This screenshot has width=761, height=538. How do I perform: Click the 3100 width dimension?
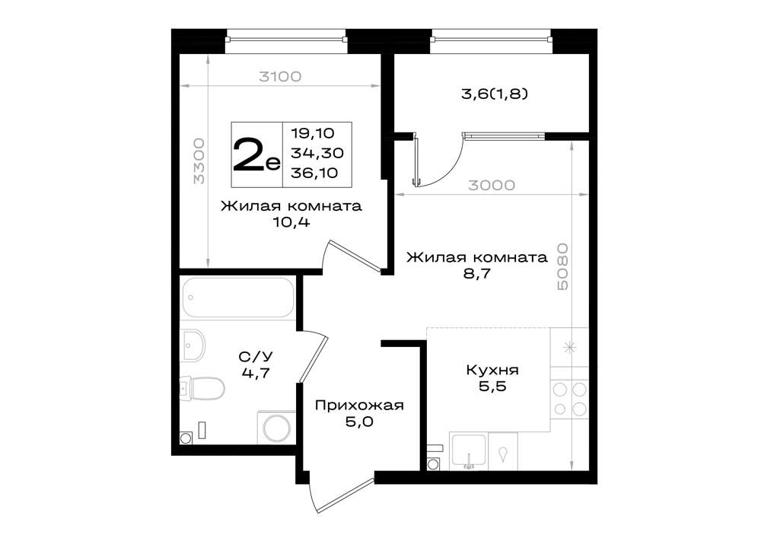click(x=280, y=76)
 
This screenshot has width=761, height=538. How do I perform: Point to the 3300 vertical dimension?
click(x=199, y=161)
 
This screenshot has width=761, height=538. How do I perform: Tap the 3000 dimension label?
click(x=492, y=185)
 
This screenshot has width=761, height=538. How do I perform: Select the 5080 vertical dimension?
click(x=562, y=267)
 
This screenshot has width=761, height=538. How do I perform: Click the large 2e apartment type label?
click(x=256, y=154)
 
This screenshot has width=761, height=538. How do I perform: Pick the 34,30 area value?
click(x=317, y=153)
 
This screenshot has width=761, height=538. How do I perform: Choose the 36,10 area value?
click(x=314, y=173)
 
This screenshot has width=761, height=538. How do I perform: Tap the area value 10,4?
click(x=291, y=222)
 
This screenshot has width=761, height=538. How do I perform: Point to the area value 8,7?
click(x=476, y=274)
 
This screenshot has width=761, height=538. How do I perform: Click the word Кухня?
click(x=492, y=370)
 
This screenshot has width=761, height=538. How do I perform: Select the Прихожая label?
click(x=359, y=405)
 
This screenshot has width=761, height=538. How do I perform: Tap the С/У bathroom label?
click(x=255, y=358)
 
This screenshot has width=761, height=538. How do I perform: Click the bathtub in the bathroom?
click(x=237, y=297)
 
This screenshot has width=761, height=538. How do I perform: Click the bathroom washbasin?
click(x=193, y=345)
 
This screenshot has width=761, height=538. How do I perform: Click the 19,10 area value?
click(x=313, y=132)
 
